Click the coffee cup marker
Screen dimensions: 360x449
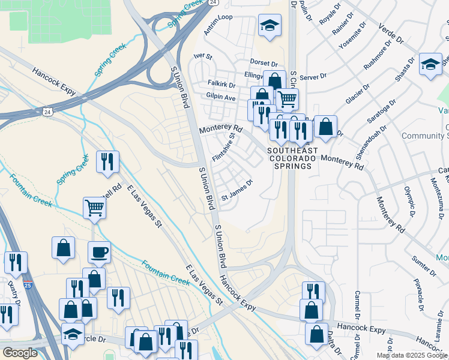click(99, 252)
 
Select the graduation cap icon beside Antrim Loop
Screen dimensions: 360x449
click(270, 26)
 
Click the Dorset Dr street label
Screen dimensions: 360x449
click(264, 63)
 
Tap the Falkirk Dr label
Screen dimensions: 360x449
click(221, 85)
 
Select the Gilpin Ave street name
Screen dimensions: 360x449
click(221, 97)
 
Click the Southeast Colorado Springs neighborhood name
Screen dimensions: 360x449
click(289, 158)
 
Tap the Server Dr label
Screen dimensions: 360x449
click(313, 77)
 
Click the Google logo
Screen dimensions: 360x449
click(20, 353)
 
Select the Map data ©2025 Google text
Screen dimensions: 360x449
click(412, 355)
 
